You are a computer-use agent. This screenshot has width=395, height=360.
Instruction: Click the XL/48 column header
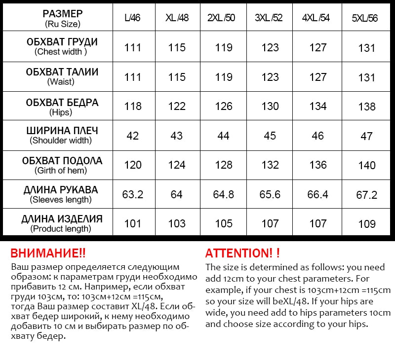[x=176, y=18]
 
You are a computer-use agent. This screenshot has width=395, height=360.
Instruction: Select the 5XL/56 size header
[x=365, y=18]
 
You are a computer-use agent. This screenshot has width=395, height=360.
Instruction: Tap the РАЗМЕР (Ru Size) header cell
[x=62, y=18]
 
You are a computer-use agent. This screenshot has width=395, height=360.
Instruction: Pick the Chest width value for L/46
[x=133, y=48]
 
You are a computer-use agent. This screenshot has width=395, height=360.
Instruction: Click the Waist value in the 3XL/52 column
[x=270, y=77]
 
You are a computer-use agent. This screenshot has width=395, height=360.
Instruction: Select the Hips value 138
[x=366, y=107]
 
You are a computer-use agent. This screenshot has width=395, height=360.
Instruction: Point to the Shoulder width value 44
[x=224, y=136]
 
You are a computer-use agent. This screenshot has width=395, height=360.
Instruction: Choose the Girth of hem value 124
[x=176, y=165]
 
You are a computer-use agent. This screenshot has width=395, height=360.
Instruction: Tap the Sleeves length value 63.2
[x=133, y=194]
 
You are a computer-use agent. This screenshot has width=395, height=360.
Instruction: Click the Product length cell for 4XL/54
[x=318, y=224]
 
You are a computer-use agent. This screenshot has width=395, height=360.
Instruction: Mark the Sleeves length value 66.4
[x=318, y=194]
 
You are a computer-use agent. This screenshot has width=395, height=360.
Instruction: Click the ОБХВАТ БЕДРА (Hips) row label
[x=62, y=107]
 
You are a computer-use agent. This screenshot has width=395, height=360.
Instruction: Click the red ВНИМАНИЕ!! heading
[x=48, y=253]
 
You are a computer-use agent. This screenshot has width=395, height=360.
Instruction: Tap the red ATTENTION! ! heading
[x=242, y=253]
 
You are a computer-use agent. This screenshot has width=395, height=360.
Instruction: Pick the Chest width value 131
[x=366, y=48]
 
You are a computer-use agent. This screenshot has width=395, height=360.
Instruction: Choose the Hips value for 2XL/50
[x=224, y=107]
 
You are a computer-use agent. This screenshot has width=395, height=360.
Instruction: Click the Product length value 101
[x=133, y=224]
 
